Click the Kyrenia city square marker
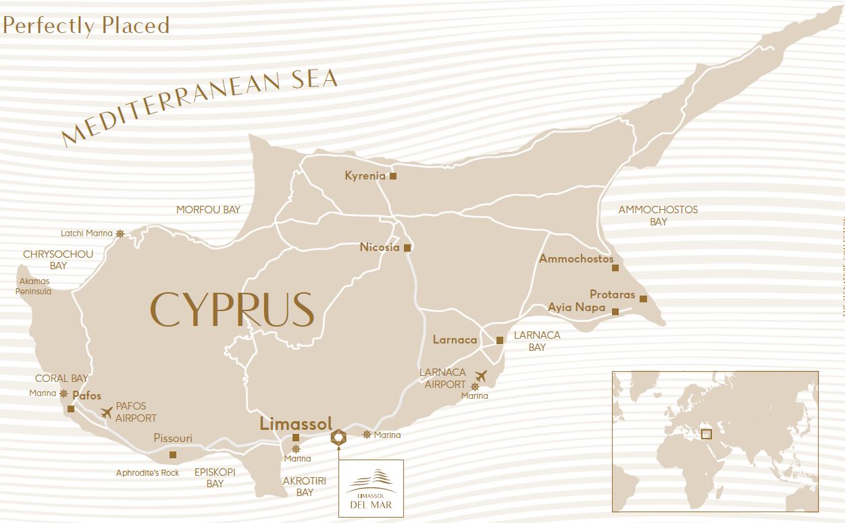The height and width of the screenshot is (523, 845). pos(393,176)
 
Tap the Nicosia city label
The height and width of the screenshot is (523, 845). pos(380,247)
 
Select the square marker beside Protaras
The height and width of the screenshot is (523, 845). pos(643,298)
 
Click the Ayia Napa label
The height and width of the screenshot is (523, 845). pos(576,307)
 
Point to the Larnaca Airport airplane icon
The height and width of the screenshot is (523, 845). pos(481,376)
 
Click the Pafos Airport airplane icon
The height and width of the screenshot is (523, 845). pos(106,412)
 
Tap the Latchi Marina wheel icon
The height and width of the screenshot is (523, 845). pos(120,233)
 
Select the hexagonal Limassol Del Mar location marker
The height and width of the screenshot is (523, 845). pos(338,437)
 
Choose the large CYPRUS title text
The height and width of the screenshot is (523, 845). pos(232,310)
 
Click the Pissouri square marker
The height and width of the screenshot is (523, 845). pos(173,455)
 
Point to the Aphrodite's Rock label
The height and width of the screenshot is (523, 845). pos(147,473)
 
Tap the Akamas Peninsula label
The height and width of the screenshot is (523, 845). pos(34,286)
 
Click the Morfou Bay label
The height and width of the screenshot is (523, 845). pos(208,210)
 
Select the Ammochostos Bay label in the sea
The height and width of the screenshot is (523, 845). pos(658,216)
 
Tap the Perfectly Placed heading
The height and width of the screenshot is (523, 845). pos(86,25)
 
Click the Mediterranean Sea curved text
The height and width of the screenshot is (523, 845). pos(199,105)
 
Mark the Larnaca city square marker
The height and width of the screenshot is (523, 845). pos(500,340)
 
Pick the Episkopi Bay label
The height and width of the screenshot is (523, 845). pos(215,478)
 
